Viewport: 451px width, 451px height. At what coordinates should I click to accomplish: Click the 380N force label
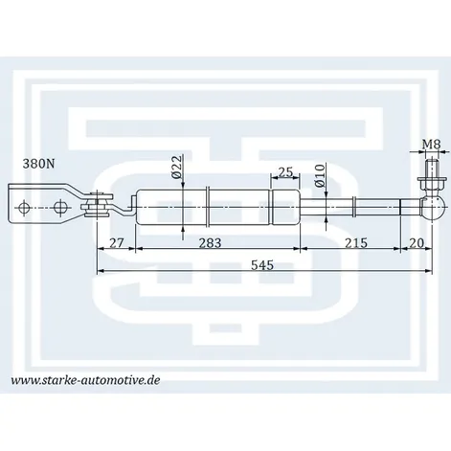[38, 164]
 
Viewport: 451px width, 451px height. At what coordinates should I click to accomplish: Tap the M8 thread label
[432, 145]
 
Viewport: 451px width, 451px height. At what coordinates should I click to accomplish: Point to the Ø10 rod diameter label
[319, 175]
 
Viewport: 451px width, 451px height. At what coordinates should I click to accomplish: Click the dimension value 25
[285, 172]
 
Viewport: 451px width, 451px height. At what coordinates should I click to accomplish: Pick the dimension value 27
[116, 243]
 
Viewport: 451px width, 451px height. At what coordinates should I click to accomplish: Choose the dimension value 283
[210, 243]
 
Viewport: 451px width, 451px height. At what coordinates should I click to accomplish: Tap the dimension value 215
[356, 243]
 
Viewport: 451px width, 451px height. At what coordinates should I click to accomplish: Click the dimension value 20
[417, 243]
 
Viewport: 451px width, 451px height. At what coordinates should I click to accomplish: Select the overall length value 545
[262, 265]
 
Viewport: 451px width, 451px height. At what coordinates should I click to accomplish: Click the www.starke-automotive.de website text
[85, 380]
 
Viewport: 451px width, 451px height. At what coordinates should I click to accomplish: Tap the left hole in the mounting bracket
[24, 208]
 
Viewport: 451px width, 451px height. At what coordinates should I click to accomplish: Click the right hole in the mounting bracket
[59, 208]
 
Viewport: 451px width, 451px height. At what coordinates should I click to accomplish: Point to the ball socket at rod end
[432, 208]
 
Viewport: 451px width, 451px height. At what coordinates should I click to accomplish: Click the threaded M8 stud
[432, 168]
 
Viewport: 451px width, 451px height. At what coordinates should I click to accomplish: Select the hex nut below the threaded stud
[432, 184]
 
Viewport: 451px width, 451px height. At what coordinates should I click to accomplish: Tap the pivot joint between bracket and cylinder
[97, 205]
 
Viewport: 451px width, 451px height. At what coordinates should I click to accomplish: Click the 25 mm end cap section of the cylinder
[285, 208]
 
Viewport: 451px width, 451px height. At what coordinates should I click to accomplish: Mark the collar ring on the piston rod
[354, 208]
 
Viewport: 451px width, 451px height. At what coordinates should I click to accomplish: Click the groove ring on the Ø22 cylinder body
[208, 208]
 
